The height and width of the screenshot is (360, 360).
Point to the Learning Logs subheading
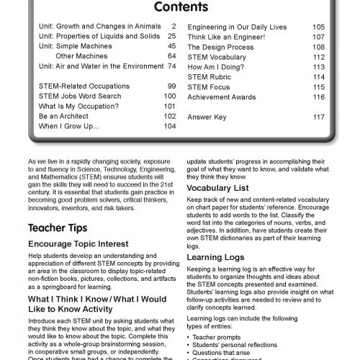[215, 256]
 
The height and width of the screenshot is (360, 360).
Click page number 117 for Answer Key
[318, 116]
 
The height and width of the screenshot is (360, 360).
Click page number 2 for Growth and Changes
[174, 26]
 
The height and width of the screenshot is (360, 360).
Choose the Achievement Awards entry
[222, 96]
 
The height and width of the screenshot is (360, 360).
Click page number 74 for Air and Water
[172, 66]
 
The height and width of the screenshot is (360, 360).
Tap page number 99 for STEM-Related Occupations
[172, 86]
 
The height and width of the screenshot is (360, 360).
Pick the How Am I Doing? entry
[215, 66]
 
